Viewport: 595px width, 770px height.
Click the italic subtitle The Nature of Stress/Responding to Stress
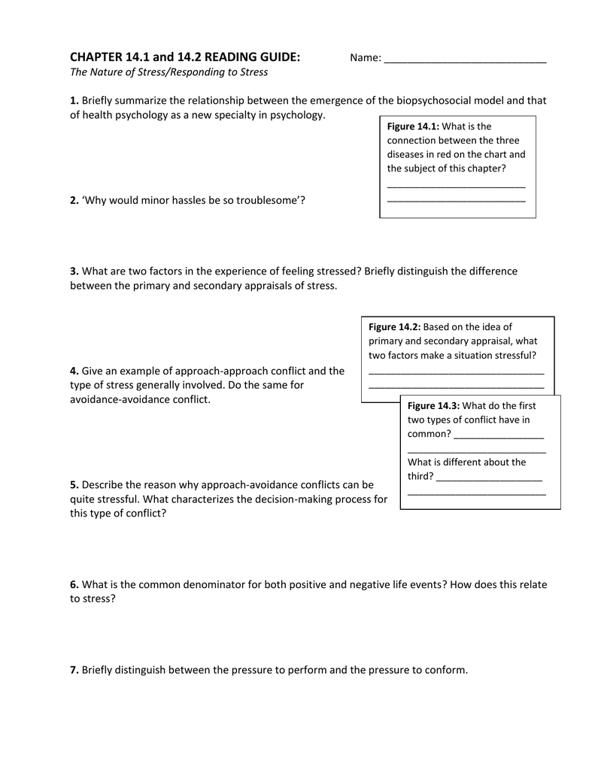pos(168,72)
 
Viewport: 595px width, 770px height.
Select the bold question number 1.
pos(74,101)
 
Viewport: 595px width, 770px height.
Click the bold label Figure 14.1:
pos(413,126)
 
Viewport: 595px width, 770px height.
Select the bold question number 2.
pos(74,201)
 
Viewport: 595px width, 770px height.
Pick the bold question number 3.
pos(74,271)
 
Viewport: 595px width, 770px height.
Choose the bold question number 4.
pos(74,371)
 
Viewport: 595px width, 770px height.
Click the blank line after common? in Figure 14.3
pos(499,435)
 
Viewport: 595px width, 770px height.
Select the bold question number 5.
pos(74,485)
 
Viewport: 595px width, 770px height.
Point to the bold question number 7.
pos(74,670)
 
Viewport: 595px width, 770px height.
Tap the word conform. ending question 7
pos(447,670)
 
